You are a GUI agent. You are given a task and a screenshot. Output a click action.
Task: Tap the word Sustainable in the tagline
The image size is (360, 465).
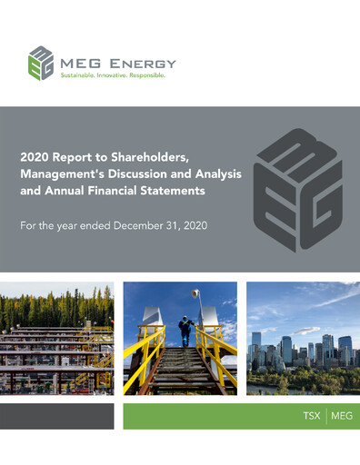(x=80, y=77)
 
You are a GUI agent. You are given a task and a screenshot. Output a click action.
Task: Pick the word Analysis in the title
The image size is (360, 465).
(x=206, y=174)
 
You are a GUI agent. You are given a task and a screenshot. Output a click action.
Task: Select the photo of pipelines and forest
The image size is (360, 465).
(x=56, y=338)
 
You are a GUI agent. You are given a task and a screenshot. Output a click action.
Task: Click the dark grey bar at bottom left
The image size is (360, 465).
(x=56, y=417)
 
